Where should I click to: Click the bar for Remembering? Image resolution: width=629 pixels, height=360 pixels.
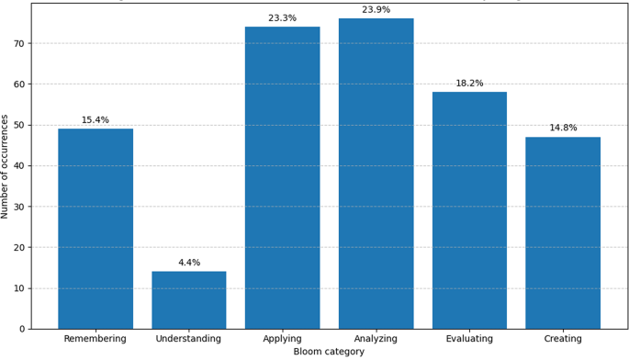tap(95, 229)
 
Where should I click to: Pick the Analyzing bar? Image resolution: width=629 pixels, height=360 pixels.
tap(376, 174)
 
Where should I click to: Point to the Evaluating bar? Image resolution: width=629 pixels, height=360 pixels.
tap(469, 210)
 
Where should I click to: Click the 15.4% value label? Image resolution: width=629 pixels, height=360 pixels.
tap(95, 120)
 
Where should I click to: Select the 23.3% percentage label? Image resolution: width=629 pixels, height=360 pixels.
tap(282, 18)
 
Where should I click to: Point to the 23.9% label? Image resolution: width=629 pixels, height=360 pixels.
tap(376, 10)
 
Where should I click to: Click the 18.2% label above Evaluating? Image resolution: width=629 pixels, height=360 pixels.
tap(469, 84)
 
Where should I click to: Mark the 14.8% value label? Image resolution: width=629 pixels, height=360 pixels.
tap(563, 128)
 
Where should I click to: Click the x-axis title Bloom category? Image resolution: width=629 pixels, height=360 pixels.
tap(329, 352)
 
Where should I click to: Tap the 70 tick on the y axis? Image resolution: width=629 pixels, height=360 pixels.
tap(19, 43)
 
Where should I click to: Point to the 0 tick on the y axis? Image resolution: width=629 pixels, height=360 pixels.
tap(22, 329)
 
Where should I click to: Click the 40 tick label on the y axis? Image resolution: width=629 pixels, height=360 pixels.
tap(19, 166)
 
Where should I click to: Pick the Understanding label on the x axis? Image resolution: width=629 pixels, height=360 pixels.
tap(189, 339)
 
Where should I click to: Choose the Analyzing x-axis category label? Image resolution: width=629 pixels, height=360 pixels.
tap(376, 339)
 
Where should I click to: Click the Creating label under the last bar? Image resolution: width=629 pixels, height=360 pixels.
tap(563, 339)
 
